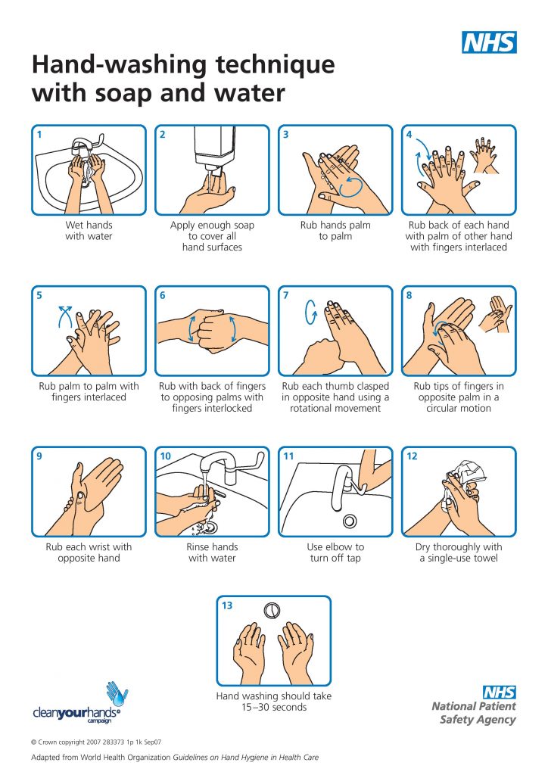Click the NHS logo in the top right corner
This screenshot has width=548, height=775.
coord(489,42)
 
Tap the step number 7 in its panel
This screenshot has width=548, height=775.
coord(286,296)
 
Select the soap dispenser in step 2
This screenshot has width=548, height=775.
coord(212,148)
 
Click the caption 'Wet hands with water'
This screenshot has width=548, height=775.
coord(89,231)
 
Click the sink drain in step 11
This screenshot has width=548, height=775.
coord(350,521)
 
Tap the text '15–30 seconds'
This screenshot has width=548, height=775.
coord(273,707)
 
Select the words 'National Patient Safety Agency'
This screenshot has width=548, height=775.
coord(475,713)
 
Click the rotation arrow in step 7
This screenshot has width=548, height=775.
coord(308,312)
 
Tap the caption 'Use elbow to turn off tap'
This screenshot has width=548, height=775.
coord(335,552)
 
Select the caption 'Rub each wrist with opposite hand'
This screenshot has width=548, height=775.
coord(89,552)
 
